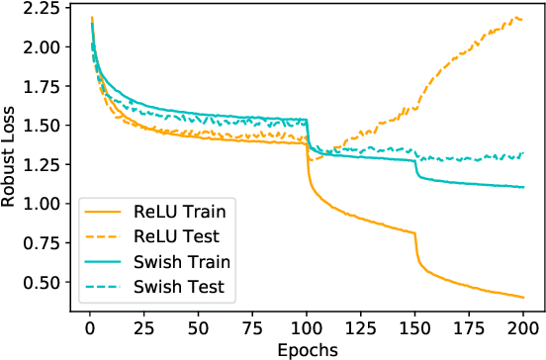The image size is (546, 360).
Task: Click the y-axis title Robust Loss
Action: tap(11, 158)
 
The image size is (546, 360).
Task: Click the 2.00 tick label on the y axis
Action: tap(38, 47)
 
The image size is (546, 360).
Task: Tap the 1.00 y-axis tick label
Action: tap(38, 204)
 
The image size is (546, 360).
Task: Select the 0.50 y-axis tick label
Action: tap(38, 282)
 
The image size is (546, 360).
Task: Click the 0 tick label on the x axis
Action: tap(88, 328)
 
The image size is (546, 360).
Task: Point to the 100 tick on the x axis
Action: tap(307, 328)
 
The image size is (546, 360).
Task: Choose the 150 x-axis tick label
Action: tap(415, 328)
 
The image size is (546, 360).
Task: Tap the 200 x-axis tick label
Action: tap(524, 328)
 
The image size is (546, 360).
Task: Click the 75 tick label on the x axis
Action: tap(252, 328)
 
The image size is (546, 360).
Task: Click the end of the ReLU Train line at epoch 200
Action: tap(523, 297)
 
